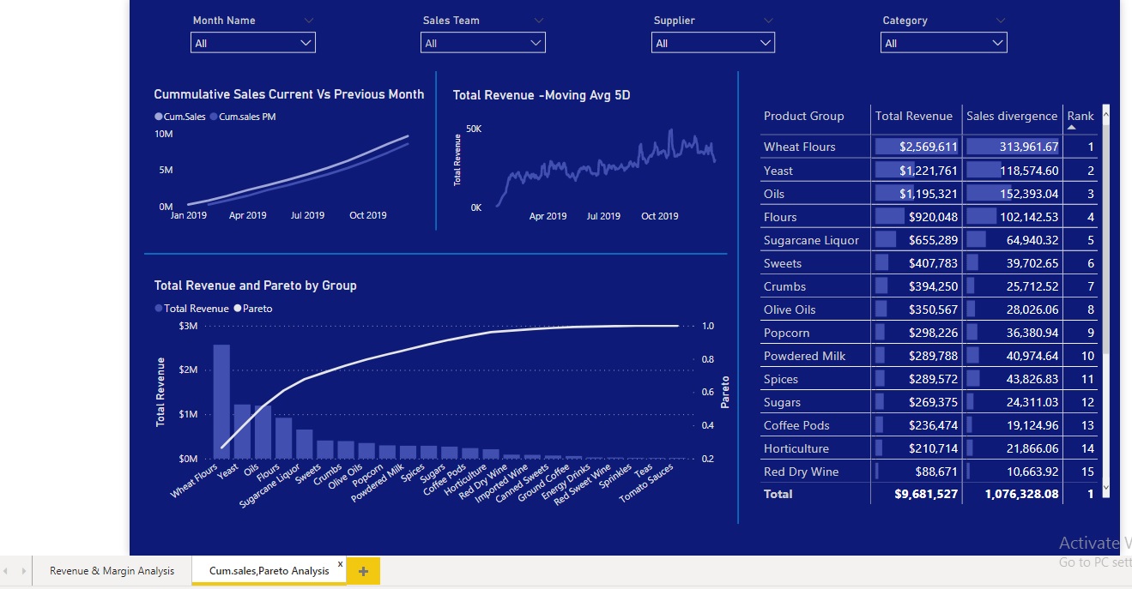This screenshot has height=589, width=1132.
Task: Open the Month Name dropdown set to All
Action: point(252,43)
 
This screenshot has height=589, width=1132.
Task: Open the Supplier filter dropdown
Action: point(712,43)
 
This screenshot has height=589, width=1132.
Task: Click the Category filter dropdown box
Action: point(943,43)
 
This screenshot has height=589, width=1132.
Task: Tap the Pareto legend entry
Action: point(253,309)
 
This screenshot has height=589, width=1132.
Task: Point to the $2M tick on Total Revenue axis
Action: point(188,370)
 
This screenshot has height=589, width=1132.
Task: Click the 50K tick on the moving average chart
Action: point(474,129)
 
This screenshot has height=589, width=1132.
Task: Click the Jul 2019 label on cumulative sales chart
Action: point(307,216)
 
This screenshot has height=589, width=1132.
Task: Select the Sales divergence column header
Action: point(1012,116)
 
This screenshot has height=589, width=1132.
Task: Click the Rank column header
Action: point(1080,116)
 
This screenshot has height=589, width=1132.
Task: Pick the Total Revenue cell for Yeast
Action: point(916,171)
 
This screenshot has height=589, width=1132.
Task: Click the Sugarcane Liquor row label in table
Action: point(811,240)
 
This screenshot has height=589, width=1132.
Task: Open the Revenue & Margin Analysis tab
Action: point(112,571)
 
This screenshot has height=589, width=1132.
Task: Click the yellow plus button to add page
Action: point(363,571)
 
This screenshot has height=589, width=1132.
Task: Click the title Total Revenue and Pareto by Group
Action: point(255,285)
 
